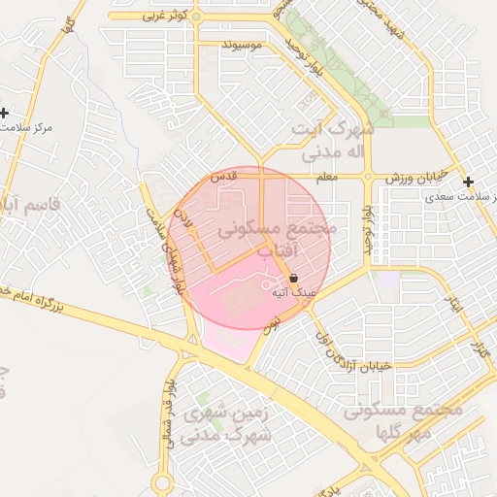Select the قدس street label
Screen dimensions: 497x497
pyautogui.click(x=224, y=176)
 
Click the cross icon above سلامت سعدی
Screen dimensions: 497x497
pyautogui.click(x=469, y=182)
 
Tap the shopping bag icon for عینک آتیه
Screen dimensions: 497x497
pyautogui.click(x=294, y=278)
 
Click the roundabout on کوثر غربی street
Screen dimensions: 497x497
pyautogui.click(x=196, y=17)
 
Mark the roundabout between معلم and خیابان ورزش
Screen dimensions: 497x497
pyautogui.click(x=368, y=177)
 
